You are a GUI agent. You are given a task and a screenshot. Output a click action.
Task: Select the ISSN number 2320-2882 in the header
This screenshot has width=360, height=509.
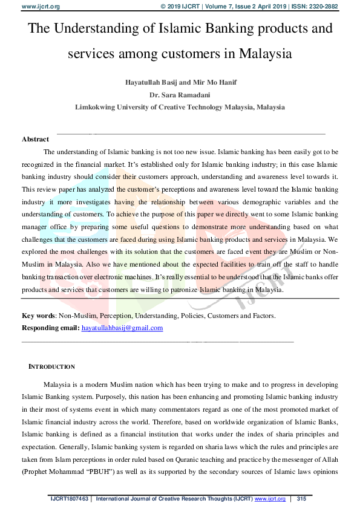(x=323, y=6)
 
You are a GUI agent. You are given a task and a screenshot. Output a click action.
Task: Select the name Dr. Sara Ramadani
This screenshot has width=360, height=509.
(x=180, y=95)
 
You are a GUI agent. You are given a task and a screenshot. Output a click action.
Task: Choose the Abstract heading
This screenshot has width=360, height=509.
(x=35, y=139)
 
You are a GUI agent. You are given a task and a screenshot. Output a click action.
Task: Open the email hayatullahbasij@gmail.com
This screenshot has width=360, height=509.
(x=122, y=328)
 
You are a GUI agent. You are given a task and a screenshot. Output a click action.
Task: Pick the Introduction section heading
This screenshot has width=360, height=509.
(x=52, y=367)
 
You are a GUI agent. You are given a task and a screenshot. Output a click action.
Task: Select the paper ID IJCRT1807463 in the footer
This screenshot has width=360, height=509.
(x=69, y=499)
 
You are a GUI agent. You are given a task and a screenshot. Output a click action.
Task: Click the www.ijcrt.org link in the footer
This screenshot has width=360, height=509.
(x=269, y=499)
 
